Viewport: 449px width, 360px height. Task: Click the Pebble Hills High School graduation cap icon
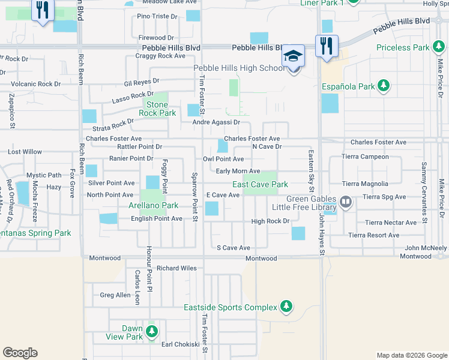point(294,56)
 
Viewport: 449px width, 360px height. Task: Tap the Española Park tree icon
point(384,87)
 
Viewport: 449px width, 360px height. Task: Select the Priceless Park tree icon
point(439,47)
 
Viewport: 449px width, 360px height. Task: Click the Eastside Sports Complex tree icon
point(286,307)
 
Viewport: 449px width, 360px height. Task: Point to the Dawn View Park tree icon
point(152,331)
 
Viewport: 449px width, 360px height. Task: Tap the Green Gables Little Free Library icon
point(345,203)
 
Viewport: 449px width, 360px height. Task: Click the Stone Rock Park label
point(157,109)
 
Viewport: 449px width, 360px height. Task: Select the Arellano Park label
point(153,206)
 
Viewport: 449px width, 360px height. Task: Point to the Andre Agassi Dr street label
point(216,122)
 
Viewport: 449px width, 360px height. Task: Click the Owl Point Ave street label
point(223,159)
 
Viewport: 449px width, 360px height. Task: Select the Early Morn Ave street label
point(238,172)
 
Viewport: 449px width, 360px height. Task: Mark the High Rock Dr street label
point(270,221)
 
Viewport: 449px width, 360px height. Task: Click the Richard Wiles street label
point(176,268)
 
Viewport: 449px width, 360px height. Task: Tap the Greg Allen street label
point(115,295)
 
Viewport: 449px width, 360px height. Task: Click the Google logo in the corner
point(20,353)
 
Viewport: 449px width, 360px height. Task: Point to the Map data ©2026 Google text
point(411,355)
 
